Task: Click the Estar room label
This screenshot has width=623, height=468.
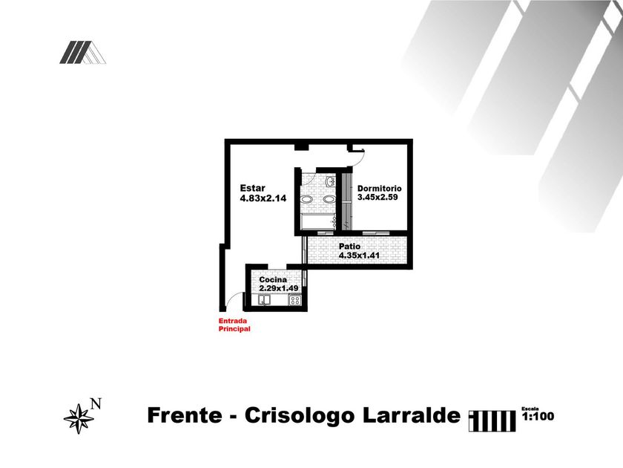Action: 252,188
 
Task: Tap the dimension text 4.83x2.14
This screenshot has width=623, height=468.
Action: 263,198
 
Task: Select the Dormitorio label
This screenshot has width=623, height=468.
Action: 379,188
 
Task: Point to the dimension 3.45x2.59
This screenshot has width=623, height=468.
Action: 378,198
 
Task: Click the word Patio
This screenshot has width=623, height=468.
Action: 349,247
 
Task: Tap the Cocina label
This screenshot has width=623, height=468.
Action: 273,279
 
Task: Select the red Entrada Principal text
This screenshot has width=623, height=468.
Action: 234,325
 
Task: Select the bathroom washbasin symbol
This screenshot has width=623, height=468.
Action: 329,181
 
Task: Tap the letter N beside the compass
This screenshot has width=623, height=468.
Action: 95,404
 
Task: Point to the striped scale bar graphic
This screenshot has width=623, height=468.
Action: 492,420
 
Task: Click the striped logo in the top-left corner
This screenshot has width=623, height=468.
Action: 82,52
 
